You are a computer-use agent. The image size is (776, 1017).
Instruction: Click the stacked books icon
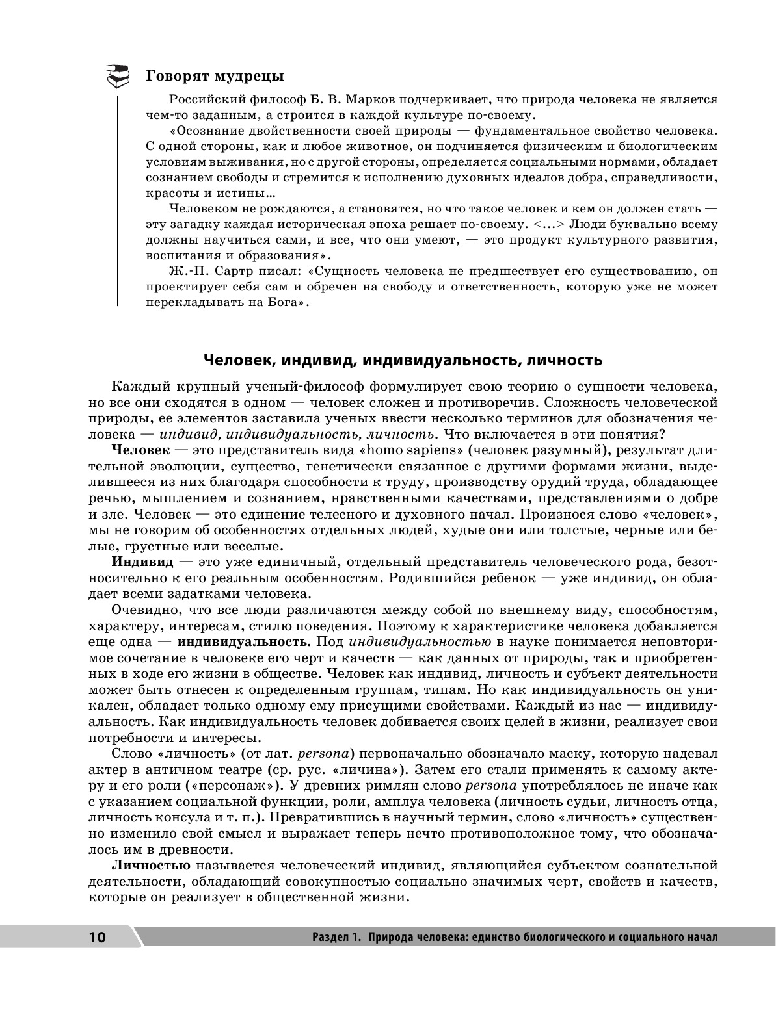point(118,76)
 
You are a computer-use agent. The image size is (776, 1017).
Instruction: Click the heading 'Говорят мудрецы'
point(215,76)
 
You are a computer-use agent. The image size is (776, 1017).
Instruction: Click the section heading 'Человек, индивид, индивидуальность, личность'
point(403,359)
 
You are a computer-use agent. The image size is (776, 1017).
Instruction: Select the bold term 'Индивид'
point(142,561)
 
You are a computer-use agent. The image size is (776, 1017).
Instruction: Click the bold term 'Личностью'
point(151,865)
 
